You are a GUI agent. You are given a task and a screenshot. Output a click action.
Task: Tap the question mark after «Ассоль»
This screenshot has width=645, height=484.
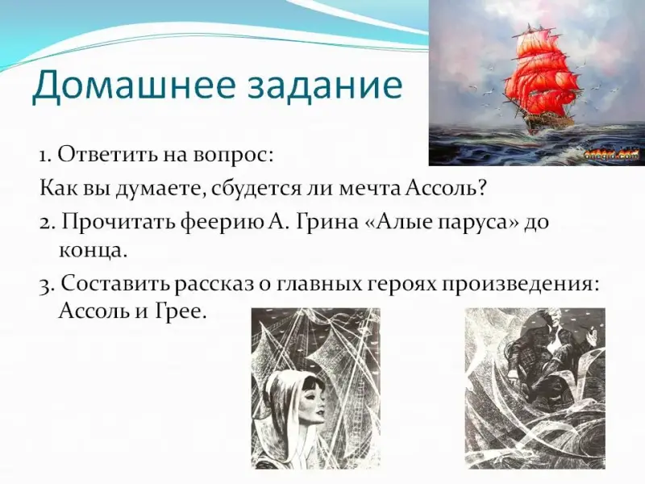coord(482,189)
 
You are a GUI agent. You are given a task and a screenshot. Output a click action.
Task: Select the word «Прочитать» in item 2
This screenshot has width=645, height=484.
coord(119,223)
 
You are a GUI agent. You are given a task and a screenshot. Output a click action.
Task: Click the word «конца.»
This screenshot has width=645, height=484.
coord(91,251)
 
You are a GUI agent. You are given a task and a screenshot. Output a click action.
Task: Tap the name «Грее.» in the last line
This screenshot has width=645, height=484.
coord(180,311)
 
